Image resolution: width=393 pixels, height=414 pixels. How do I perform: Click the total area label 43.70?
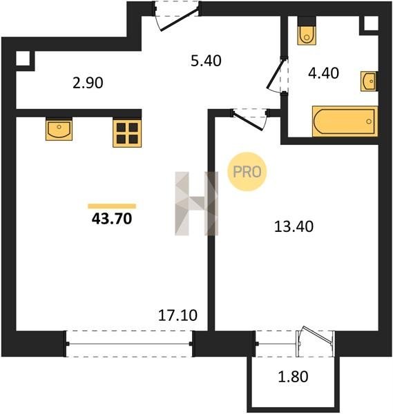[x=112, y=219]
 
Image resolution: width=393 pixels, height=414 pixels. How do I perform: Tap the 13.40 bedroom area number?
[x=294, y=226]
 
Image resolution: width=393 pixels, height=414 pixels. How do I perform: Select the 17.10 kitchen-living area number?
[x=178, y=315]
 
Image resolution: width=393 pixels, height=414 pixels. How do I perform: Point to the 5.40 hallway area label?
[x=206, y=61]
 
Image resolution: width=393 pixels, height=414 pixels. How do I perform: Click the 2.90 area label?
[x=88, y=83]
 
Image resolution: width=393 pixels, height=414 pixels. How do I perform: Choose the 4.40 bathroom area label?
[x=323, y=73]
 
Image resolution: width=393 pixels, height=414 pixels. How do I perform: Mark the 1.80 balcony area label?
[x=293, y=377]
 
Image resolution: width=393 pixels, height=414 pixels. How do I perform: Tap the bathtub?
[x=345, y=121]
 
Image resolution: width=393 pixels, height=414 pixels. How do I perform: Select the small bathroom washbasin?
[x=369, y=81]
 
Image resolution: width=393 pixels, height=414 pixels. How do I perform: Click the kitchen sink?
[x=59, y=130]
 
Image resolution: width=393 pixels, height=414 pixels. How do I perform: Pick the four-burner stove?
[x=127, y=133]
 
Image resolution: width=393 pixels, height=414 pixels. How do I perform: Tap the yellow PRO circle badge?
[x=247, y=172]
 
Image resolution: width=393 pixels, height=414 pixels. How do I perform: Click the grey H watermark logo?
[x=197, y=204]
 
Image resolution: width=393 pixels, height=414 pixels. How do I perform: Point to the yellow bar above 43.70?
[x=112, y=206]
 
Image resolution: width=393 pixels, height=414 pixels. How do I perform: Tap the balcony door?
[x=315, y=342]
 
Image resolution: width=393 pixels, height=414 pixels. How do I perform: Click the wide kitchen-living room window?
[x=129, y=344]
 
